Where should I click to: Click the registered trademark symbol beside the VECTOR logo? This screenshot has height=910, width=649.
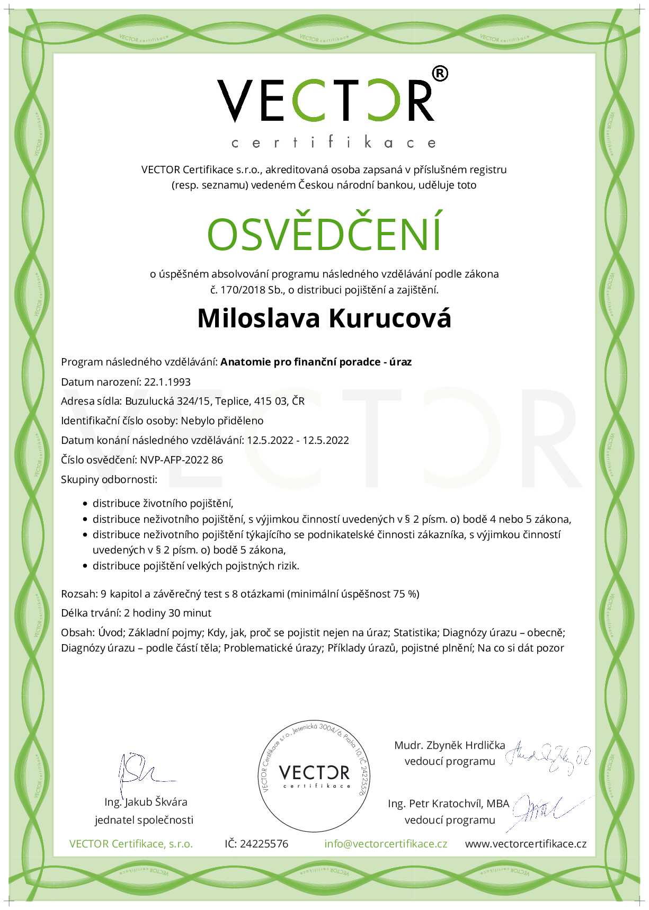click(x=440, y=74)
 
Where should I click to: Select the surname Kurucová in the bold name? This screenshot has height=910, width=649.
click(x=390, y=318)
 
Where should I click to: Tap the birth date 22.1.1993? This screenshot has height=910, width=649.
click(x=167, y=382)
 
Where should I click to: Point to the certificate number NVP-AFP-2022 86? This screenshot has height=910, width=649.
click(x=181, y=460)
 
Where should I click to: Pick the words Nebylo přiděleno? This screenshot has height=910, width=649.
click(x=222, y=421)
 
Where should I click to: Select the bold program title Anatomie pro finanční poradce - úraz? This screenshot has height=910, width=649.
click(x=316, y=362)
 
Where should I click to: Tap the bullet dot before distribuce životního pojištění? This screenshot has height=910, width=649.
click(x=85, y=504)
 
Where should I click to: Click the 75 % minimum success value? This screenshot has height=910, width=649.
click(x=405, y=594)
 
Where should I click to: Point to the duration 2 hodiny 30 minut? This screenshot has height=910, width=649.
click(x=167, y=613)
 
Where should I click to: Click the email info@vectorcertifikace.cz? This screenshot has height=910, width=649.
click(x=386, y=844)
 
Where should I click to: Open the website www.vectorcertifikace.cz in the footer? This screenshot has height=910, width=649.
click(x=526, y=844)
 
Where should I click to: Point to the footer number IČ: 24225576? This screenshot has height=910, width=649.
click(x=256, y=844)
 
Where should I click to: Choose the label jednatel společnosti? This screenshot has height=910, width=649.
click(x=144, y=820)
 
